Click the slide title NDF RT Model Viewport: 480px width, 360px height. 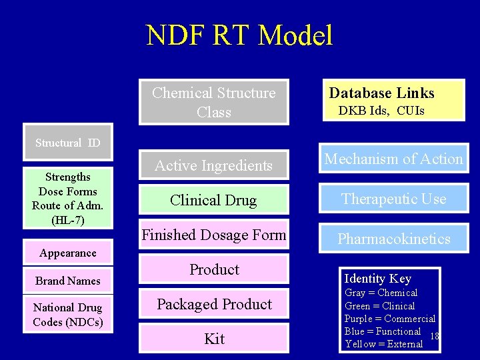239,35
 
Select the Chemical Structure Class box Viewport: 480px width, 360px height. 213,102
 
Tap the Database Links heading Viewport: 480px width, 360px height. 381,93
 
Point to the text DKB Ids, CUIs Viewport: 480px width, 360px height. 381,111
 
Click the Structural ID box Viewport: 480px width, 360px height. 67,143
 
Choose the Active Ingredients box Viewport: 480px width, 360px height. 213,165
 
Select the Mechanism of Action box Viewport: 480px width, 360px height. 393,159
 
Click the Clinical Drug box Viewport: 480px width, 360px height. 213,200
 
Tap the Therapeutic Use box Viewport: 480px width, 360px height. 393,199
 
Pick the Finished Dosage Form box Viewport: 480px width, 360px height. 213,235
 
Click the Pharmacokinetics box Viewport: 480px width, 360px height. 393,239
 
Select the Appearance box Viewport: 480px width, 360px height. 67,253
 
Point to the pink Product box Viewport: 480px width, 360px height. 213,269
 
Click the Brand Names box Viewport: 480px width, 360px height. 67,281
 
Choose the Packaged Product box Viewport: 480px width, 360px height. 213,304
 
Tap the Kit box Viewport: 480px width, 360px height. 213,339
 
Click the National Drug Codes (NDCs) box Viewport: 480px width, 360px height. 67,315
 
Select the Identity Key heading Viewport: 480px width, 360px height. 377,279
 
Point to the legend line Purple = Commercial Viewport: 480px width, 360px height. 389,319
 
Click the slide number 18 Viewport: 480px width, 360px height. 434,336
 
